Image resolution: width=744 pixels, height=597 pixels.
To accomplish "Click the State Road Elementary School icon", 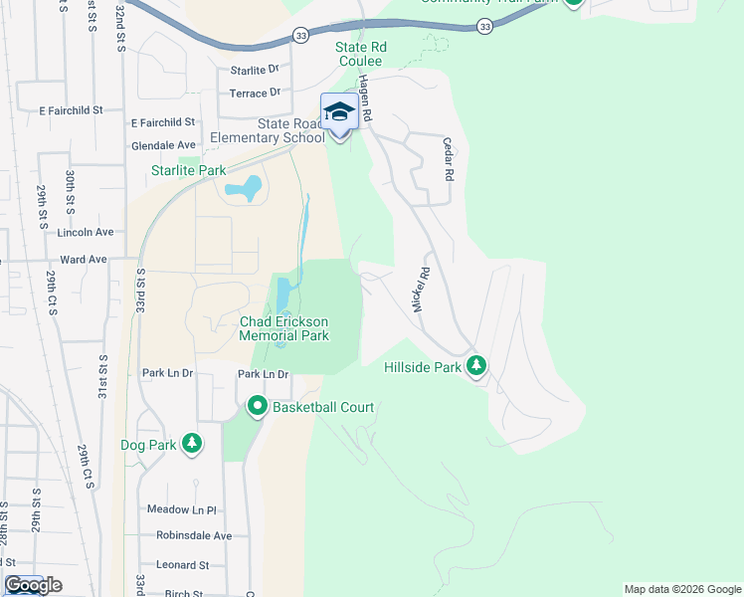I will coord(339,112).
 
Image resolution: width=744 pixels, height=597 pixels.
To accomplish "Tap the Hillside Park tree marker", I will coord(477,366).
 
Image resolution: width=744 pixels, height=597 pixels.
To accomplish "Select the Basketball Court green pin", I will coord(258,406).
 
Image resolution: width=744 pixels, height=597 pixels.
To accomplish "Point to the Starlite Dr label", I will coord(255,71).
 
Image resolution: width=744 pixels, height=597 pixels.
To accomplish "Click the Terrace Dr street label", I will coord(255,94).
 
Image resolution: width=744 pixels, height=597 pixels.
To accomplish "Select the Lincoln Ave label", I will coord(87,232).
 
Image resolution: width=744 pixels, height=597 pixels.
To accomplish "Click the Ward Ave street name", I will coord(84,260).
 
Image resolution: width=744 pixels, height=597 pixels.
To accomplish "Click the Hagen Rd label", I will coord(365,99).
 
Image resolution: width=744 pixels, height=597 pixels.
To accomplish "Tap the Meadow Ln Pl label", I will coord(181,510).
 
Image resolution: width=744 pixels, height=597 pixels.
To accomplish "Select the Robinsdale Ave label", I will coord(194,535).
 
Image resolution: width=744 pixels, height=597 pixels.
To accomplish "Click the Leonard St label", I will coord(182,565).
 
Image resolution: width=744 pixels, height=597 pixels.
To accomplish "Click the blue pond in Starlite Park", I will coord(244,187).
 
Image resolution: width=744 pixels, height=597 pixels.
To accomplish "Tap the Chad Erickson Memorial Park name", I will coord(283,328).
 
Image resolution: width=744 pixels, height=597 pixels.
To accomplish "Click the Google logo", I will coord(33,585).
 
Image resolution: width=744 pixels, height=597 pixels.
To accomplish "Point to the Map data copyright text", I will coord(681,589).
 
